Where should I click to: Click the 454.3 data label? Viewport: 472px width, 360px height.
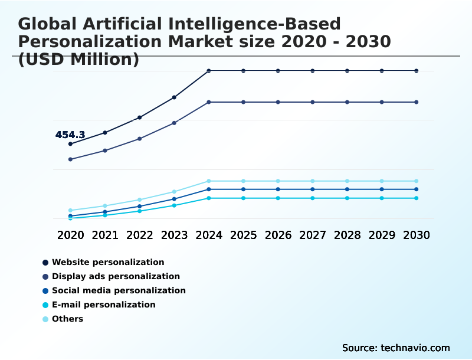click(x=70, y=135)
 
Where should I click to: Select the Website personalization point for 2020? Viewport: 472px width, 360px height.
click(x=70, y=144)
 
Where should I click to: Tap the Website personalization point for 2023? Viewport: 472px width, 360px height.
click(x=174, y=97)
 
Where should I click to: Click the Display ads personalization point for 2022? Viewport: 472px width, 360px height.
click(x=140, y=139)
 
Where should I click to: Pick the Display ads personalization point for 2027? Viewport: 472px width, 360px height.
click(x=313, y=102)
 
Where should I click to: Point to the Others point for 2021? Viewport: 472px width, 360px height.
click(x=105, y=206)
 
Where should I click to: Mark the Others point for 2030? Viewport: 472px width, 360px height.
click(x=417, y=181)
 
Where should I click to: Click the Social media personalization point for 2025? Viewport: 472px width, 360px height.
click(x=243, y=189)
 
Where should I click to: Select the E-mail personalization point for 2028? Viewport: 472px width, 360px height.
click(x=348, y=198)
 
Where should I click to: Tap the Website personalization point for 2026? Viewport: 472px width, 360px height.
click(x=278, y=71)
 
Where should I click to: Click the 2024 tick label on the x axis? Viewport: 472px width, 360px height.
click(x=209, y=235)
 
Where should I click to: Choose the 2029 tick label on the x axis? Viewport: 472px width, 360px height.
click(x=382, y=235)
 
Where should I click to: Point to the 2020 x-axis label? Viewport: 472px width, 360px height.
click(x=70, y=235)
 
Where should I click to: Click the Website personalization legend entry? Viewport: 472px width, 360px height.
click(x=103, y=262)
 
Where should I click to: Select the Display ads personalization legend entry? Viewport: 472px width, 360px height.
click(x=111, y=276)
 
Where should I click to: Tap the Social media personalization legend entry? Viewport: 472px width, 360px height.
click(x=114, y=290)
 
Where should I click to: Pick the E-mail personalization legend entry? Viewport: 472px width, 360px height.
click(x=99, y=305)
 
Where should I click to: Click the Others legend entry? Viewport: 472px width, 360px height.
click(x=63, y=319)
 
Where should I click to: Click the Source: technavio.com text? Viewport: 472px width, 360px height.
click(x=396, y=348)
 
